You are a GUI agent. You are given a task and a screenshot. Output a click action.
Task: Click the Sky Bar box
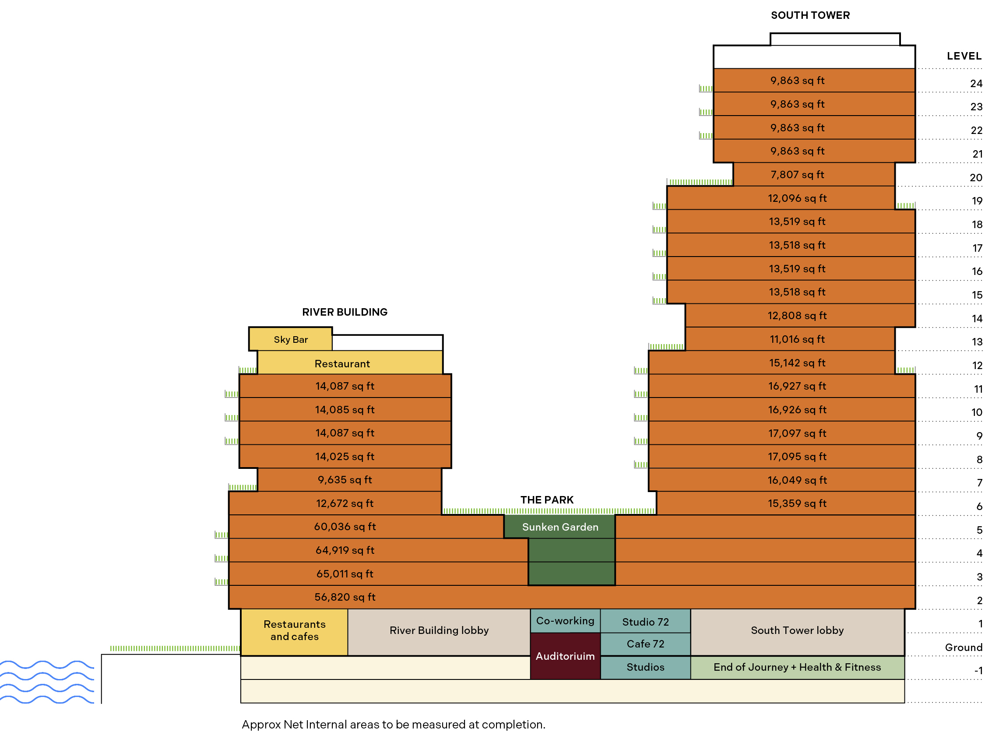[x=291, y=339]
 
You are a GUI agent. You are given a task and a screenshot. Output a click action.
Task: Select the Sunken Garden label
[x=560, y=527]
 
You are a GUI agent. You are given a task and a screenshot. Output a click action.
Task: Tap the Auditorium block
[x=565, y=656]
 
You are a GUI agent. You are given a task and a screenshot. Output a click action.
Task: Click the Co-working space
[x=565, y=621]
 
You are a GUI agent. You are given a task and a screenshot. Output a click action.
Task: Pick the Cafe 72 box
[x=646, y=644]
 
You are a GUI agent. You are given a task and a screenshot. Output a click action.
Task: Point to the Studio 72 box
[x=646, y=622]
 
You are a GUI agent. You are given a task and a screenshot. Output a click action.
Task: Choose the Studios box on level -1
[x=646, y=667]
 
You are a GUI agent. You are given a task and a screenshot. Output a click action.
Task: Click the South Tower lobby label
[x=798, y=630]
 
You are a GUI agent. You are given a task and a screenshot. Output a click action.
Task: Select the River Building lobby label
[x=439, y=630]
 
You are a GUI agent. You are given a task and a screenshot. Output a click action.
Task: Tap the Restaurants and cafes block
[x=295, y=632]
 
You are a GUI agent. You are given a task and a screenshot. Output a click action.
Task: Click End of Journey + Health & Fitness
[x=798, y=668]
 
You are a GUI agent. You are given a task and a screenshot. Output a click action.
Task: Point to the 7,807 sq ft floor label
[x=798, y=175]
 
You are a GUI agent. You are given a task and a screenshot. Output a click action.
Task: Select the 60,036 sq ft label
[x=345, y=527]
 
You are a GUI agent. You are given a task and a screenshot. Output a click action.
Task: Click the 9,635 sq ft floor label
[x=345, y=480]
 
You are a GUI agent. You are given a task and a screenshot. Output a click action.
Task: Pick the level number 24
[x=976, y=84]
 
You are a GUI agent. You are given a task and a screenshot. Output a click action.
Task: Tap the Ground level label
[x=964, y=648]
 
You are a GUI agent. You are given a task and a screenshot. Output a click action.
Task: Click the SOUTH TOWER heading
[x=810, y=15]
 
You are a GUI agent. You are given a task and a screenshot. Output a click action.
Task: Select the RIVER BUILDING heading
[x=345, y=312]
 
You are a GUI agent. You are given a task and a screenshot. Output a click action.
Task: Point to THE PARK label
[x=547, y=500]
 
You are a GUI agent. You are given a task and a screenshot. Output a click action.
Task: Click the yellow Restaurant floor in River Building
[x=350, y=363]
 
